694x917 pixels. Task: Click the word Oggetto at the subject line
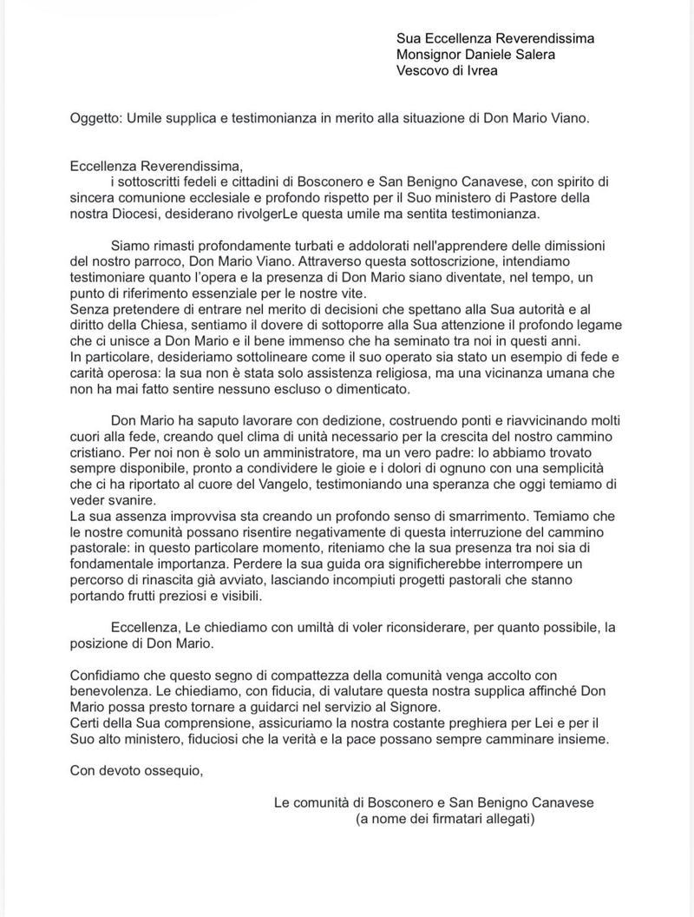point(96,118)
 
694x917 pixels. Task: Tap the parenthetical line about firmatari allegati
point(446,819)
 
